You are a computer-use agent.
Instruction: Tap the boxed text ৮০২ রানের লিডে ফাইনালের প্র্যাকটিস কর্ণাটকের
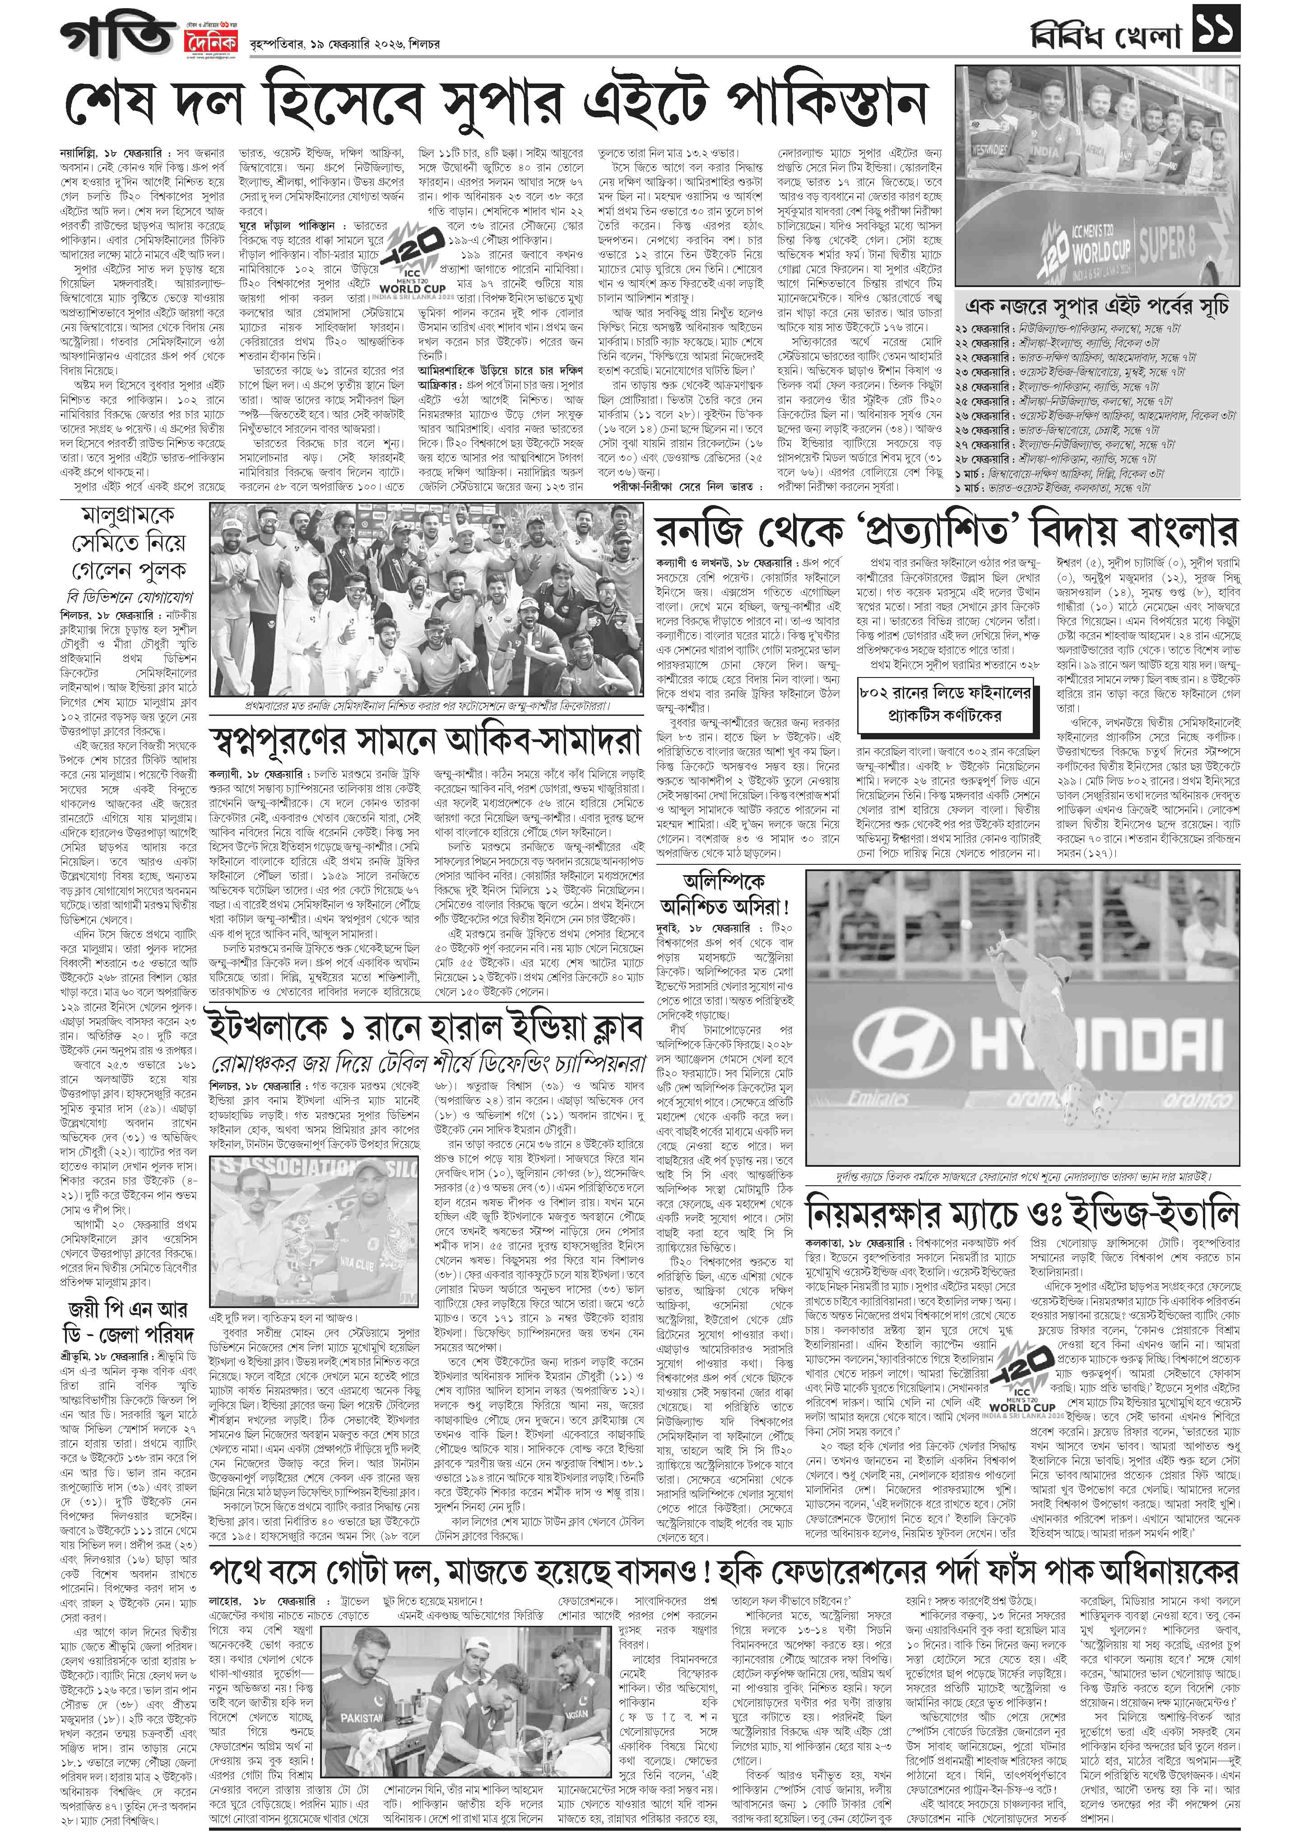pyautogui.click(x=945, y=705)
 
